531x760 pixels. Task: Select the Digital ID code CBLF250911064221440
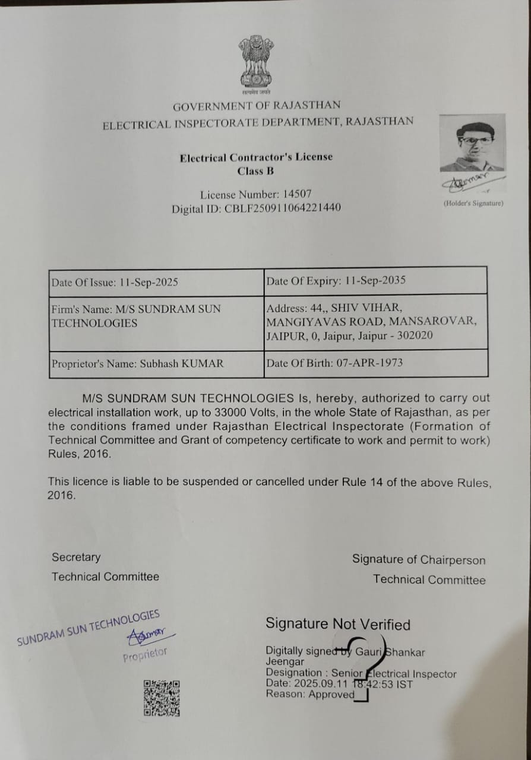pyautogui.click(x=283, y=209)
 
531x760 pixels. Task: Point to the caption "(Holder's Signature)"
pyautogui.click(x=473, y=204)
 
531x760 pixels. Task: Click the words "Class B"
pyautogui.click(x=255, y=172)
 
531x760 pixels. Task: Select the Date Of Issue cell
pyautogui.click(x=156, y=282)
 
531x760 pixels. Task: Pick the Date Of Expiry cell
pyautogui.click(x=375, y=281)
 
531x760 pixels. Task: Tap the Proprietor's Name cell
pyautogui.click(x=156, y=364)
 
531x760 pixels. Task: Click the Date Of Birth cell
pyautogui.click(x=375, y=363)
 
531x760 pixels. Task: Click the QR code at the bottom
pyautogui.click(x=162, y=698)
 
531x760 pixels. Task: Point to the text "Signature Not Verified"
pyautogui.click(x=338, y=624)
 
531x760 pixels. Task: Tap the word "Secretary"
pyautogui.click(x=76, y=557)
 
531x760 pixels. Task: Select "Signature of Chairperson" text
pyautogui.click(x=418, y=560)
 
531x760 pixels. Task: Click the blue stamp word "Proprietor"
pyautogui.click(x=145, y=654)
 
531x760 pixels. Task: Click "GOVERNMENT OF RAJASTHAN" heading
pyautogui.click(x=257, y=106)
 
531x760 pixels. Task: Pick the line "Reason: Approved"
pyautogui.click(x=310, y=695)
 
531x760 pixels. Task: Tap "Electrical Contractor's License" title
pyautogui.click(x=256, y=157)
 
